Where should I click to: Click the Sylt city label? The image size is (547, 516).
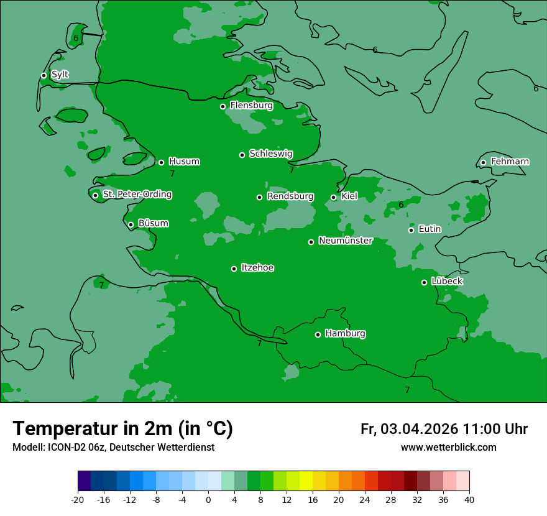point(60,75)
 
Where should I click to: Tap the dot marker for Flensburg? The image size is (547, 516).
point(223,106)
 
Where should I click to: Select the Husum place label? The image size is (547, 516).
point(184,162)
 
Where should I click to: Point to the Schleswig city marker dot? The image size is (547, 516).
point(242,155)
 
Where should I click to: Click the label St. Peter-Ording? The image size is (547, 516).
point(137,195)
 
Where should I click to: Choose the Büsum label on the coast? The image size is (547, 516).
point(153,223)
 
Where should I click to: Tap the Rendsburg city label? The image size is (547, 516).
point(290,196)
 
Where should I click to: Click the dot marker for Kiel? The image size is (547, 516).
point(333,197)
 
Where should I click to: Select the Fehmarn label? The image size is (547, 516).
point(510,162)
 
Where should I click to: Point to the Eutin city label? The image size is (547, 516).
point(430,229)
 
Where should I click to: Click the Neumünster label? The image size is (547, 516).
point(346,241)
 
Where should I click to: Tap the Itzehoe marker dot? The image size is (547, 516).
point(234,269)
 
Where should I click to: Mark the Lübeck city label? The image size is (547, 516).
point(447,281)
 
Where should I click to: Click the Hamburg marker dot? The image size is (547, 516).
point(318,334)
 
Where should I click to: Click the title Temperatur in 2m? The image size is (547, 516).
point(122,429)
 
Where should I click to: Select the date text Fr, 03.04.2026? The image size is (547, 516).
point(409,429)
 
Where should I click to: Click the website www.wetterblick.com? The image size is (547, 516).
point(448,448)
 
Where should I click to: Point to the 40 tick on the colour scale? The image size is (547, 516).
point(469,499)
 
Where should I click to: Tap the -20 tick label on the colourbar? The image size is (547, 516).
point(78,499)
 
